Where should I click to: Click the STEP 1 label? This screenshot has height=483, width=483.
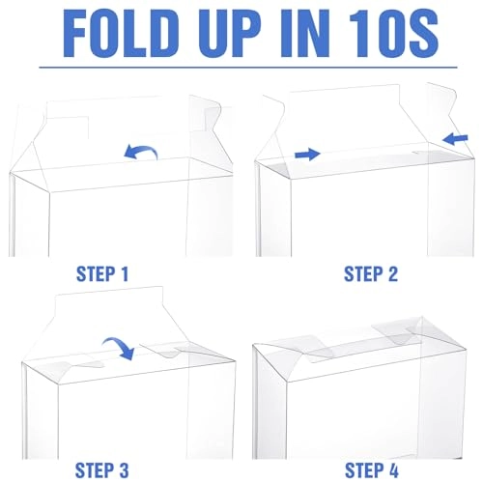coord(102,274)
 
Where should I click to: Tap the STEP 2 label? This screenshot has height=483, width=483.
coord(371,274)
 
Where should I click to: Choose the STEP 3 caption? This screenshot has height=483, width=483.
coord(101,469)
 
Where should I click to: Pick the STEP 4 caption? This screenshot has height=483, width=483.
coord(372,469)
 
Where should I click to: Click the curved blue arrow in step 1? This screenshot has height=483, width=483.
coord(141,150)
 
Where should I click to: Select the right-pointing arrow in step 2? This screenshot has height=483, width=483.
coord(307,154)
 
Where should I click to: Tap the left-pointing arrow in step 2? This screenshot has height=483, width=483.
coord(455,139)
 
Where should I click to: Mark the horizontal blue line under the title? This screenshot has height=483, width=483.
coord(248,68)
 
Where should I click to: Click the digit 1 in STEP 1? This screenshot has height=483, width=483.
coord(124,274)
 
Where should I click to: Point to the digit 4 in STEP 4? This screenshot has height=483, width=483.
coord(393,469)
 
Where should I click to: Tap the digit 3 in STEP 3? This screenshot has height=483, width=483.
coord(123,469)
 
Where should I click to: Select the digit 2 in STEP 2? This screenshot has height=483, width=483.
coord(392,274)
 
